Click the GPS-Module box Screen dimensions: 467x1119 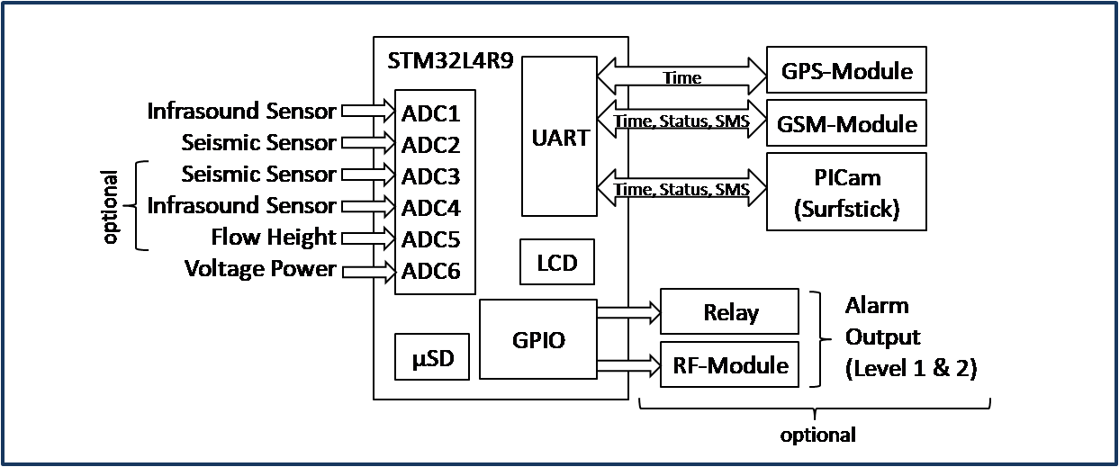[845, 70]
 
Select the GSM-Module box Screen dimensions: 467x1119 [845, 123]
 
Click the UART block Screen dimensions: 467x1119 [559, 137]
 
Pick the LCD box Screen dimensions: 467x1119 [556, 263]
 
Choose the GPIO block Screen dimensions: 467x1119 [537, 339]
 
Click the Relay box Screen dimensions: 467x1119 [729, 312]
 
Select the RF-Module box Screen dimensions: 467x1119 [729, 364]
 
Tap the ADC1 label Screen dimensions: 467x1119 [431, 113]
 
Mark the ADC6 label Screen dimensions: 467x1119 [431, 271]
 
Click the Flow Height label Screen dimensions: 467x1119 [273, 238]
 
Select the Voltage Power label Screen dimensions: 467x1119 [260, 269]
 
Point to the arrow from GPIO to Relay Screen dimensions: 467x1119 [628, 313]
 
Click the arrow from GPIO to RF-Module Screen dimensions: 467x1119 [628, 364]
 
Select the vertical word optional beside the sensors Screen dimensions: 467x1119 [112, 207]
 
